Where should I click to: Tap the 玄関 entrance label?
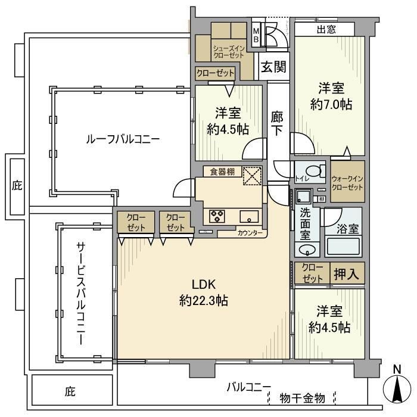click(x=273, y=66)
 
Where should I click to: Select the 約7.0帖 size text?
click(x=331, y=104)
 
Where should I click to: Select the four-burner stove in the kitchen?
click(x=216, y=215)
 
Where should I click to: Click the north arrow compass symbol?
click(x=397, y=390)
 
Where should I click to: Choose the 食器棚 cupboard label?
click(x=222, y=172)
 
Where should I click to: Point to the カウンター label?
click(x=250, y=233)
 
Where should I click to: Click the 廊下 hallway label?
click(x=276, y=123)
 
